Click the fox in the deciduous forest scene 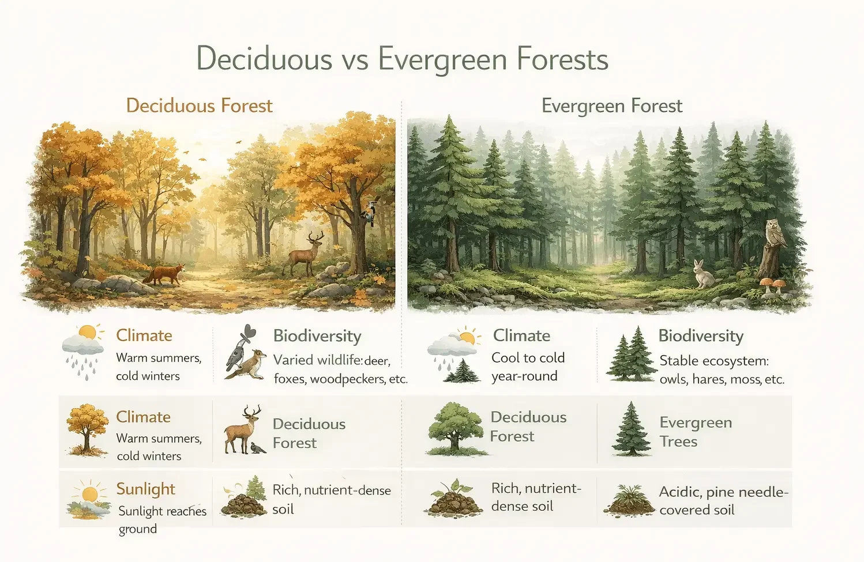coord(165,274)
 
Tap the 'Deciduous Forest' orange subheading coord(199,106)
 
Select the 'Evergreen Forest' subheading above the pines coord(611,106)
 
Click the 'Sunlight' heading coord(145,489)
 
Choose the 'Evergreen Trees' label coord(696,432)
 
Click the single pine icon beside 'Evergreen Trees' coord(632,429)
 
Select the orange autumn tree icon coord(87,429)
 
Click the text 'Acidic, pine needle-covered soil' coord(723,500)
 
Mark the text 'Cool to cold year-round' coord(528,367)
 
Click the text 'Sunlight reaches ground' coord(161,519)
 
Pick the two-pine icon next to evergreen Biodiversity coord(630,354)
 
